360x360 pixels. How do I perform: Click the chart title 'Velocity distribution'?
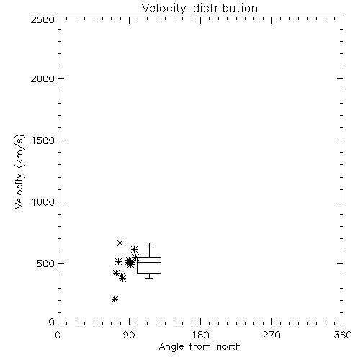coord(199,9)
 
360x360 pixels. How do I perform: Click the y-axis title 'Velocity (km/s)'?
coord(19,171)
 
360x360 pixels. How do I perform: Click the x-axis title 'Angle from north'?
coord(200,347)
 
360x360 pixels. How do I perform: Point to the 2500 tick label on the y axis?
coord(42,19)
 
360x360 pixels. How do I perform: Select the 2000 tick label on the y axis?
coord(42,78)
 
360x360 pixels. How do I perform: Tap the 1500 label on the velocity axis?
coord(43,140)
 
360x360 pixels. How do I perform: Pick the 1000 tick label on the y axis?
coord(43,202)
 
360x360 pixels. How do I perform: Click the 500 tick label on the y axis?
coord(46,264)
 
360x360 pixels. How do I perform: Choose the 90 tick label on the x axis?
coord(129,335)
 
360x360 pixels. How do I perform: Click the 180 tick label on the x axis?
coord(200,335)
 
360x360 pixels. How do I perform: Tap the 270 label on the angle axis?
coord(271,335)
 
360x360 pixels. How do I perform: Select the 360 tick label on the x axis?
coord(343,335)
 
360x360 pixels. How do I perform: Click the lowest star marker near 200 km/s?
coord(114,300)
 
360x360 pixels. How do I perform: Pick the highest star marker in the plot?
coord(120,243)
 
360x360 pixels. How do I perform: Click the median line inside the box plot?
coord(149,262)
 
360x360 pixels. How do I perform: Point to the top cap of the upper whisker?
coord(149,243)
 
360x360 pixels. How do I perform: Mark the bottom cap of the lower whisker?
coord(149,278)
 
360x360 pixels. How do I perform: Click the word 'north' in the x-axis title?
coord(229,347)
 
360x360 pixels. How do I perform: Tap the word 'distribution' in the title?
coord(225,9)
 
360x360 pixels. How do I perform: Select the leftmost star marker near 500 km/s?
coord(118,261)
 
